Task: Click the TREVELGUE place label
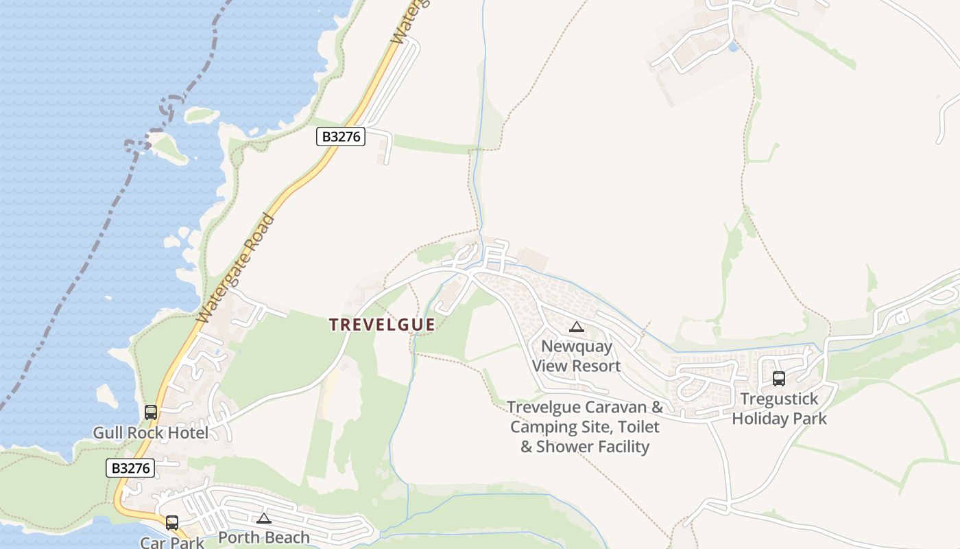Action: (382, 325)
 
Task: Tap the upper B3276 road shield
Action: (341, 137)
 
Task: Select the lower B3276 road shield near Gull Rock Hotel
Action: (130, 468)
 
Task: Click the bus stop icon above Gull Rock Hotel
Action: (151, 412)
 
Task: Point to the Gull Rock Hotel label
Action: (150, 433)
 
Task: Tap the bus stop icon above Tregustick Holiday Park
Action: (779, 379)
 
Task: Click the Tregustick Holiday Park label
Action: (779, 408)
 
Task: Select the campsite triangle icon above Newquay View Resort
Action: (577, 327)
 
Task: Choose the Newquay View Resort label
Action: (577, 355)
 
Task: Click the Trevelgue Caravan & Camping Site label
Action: (585, 426)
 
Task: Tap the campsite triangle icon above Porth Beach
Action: (264, 518)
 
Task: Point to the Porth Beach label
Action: (264, 537)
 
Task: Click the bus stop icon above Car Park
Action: (172, 523)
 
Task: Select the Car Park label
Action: (172, 542)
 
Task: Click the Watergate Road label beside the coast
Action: (236, 269)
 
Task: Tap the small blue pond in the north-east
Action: (734, 47)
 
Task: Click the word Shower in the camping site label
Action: (573, 447)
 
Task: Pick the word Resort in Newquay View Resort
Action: (595, 366)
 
